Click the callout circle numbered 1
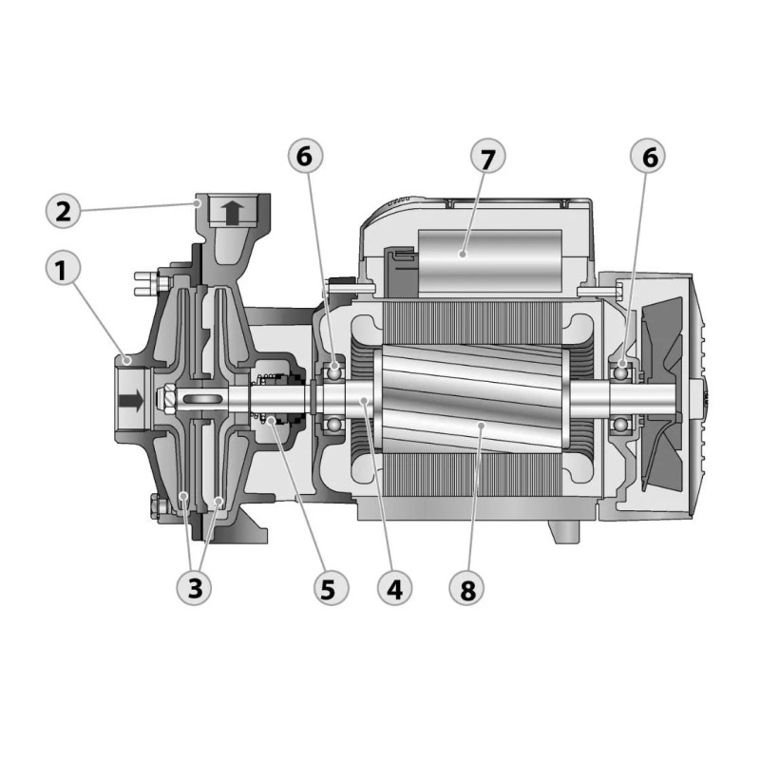click(x=62, y=271)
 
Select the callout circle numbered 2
click(x=62, y=210)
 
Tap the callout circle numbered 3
click(x=195, y=588)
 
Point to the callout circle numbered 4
click(x=395, y=588)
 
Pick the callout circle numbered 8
click(x=466, y=588)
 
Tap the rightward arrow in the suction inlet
click(x=132, y=400)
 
